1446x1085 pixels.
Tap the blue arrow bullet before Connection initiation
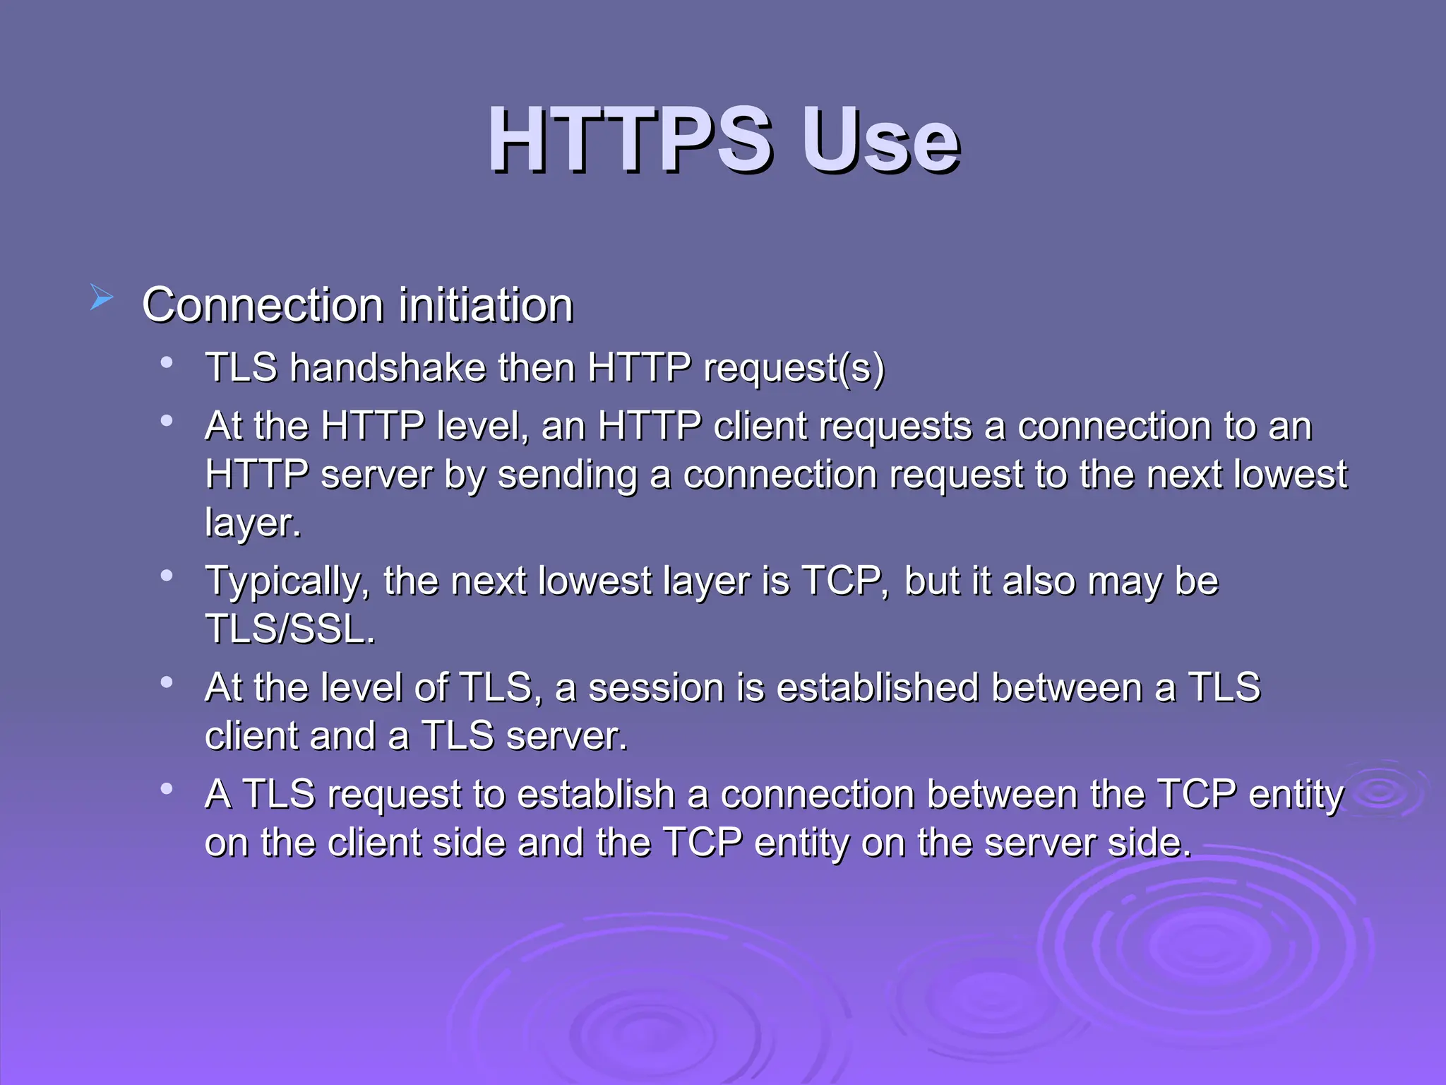click(101, 297)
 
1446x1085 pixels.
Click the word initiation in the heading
click(486, 305)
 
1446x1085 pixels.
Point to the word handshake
click(388, 368)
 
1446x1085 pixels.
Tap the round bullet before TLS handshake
click(167, 363)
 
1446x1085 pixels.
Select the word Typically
click(287, 581)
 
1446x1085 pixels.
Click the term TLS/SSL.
click(289, 629)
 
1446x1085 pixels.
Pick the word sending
click(568, 474)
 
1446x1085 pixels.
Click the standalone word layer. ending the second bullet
click(253, 523)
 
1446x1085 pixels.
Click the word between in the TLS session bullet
click(1066, 687)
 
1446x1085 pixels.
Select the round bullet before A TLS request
click(167, 788)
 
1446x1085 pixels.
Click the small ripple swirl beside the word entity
click(1381, 793)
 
